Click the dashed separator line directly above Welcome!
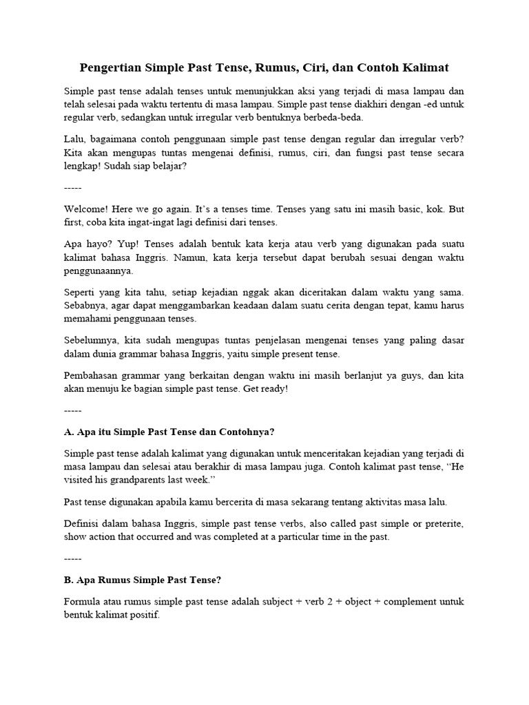[72, 187]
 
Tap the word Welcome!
[85, 209]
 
